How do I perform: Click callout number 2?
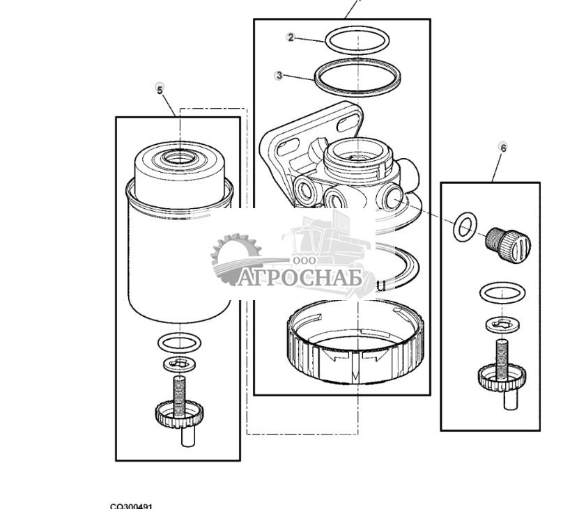coord(291,38)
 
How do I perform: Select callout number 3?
coord(279,75)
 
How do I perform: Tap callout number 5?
coord(160,90)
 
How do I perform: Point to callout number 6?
coord(503,148)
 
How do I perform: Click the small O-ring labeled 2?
coord(358,40)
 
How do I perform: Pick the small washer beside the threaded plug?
coord(465,227)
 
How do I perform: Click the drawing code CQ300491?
coord(131,506)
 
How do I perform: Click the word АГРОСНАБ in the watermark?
coord(302,278)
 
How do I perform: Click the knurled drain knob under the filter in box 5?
coord(180,416)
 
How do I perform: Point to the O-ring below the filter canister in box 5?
coord(180,342)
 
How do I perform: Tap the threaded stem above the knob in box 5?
coord(180,387)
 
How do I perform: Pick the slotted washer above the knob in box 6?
coord(502,322)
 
